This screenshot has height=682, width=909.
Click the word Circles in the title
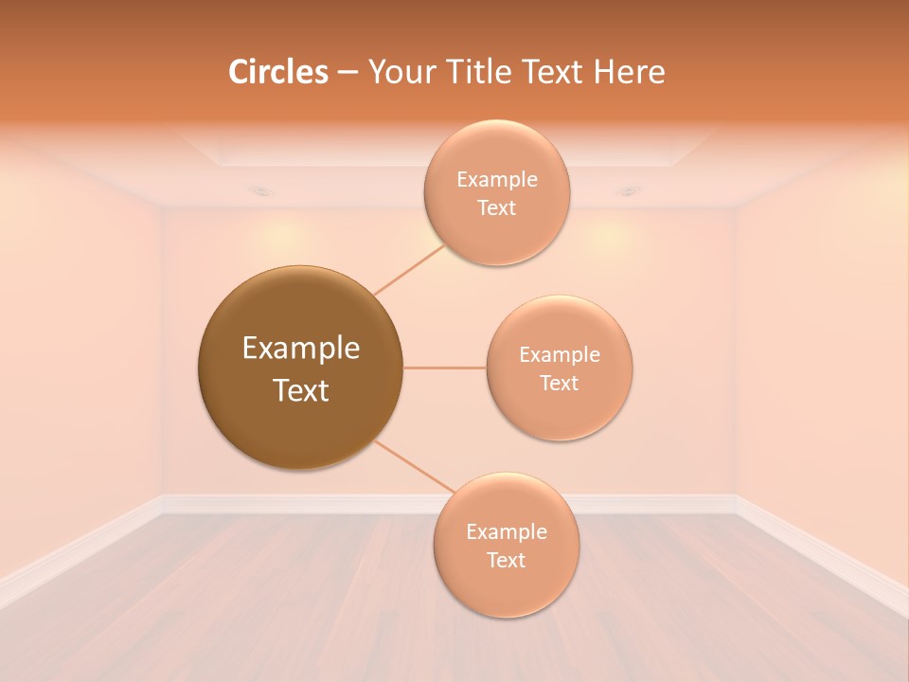(x=278, y=72)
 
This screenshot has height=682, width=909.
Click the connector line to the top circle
(x=409, y=269)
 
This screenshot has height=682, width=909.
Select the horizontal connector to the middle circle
(x=444, y=368)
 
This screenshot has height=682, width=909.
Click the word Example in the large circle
(x=300, y=349)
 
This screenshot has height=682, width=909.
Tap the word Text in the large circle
(x=300, y=390)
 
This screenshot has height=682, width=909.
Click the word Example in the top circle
(x=496, y=180)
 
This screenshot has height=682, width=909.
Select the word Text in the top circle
(x=496, y=208)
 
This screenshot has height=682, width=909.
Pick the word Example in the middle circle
(x=560, y=355)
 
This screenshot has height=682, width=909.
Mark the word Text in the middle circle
(x=560, y=384)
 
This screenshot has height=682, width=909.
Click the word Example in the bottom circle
(x=506, y=532)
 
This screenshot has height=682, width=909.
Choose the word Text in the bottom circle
(x=506, y=561)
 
